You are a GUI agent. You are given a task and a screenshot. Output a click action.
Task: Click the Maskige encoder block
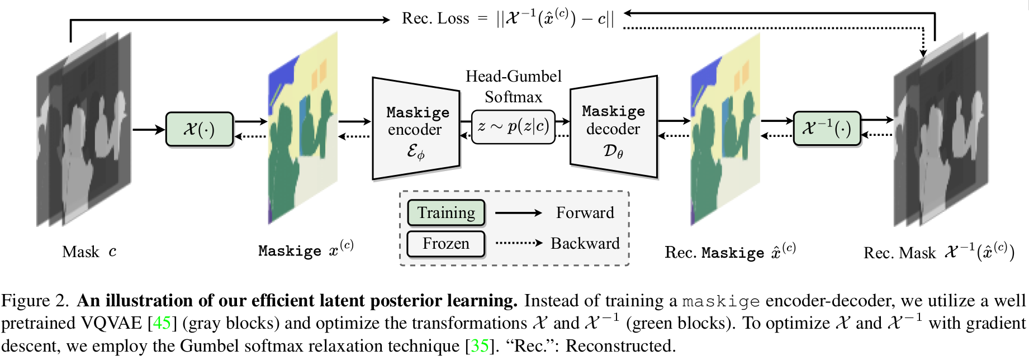click(416, 129)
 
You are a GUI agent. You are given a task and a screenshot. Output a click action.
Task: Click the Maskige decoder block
click(613, 127)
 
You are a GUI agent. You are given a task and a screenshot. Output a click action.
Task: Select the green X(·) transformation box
click(199, 129)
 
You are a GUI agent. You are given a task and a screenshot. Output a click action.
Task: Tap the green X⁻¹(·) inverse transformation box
click(826, 129)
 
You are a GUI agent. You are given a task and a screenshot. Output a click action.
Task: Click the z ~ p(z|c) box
click(513, 127)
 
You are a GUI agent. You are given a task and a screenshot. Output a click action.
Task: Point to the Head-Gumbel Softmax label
click(513, 87)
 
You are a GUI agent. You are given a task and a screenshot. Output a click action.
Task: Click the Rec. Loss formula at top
click(508, 18)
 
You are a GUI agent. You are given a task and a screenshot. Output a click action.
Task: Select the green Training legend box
click(445, 212)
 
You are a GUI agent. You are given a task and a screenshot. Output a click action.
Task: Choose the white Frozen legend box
click(445, 244)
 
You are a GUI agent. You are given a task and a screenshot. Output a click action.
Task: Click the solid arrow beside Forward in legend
click(518, 213)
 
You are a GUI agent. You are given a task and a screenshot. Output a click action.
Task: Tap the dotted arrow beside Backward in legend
click(519, 243)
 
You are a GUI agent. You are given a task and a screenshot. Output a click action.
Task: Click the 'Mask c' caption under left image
click(89, 252)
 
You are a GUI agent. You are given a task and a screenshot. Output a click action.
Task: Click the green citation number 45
click(162, 323)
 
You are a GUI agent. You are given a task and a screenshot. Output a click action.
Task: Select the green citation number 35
click(479, 346)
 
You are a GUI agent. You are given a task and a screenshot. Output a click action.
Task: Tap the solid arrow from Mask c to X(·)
click(149, 130)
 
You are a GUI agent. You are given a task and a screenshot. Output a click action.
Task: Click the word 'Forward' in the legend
click(585, 213)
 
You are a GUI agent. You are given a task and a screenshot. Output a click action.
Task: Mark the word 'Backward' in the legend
click(585, 244)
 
